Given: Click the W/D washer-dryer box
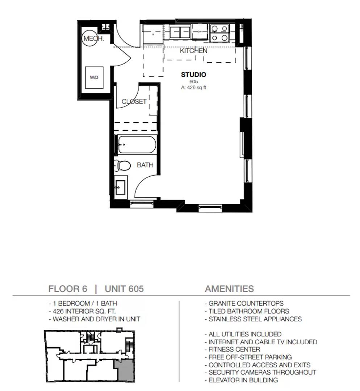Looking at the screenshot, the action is pos(94,77).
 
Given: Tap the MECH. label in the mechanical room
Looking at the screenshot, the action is pos(93,38).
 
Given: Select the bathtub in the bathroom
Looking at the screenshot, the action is pos(137,144).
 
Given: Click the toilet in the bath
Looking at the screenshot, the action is pos(122,165).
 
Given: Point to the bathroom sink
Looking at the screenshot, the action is pos(121,187).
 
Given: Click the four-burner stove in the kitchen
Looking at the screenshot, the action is pos(219,33).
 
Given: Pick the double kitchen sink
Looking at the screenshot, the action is pos(180,33).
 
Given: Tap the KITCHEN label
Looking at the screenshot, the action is pos(193,51).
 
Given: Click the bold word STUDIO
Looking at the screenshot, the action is pos(194,75).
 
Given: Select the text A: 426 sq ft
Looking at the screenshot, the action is pos(194,88).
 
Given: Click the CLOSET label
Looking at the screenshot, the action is pos(134,101).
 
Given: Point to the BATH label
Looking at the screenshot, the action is pos(145,165).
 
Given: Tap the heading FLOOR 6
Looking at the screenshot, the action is pos(68,289).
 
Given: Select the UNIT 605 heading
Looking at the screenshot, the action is pos(124,289).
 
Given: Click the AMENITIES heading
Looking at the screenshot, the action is pos(229,289).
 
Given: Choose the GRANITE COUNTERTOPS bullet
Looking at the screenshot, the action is pos(244,303).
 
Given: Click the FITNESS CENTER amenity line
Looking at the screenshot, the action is pos(232,349).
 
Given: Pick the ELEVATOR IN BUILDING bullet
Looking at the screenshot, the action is pos(241,380).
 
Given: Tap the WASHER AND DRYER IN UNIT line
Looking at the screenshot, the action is pos(95,319).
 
